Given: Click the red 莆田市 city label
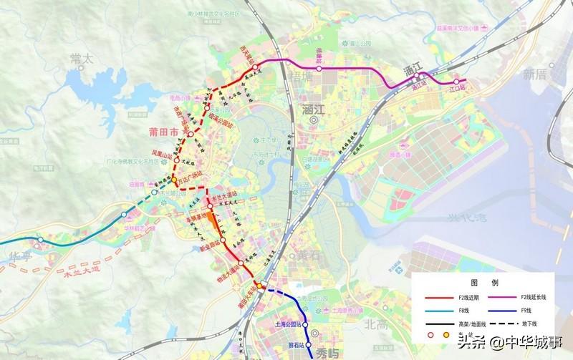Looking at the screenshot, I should (x=164, y=132).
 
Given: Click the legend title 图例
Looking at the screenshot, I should (x=478, y=283).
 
